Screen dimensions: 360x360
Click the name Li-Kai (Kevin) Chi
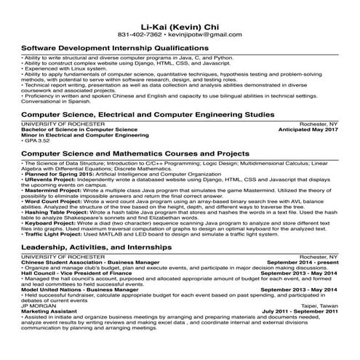[180, 24]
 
